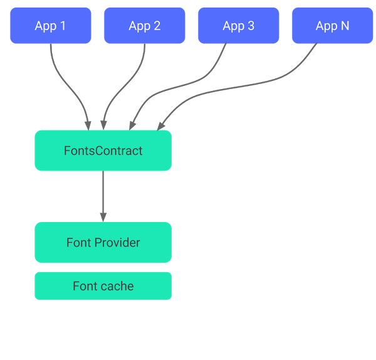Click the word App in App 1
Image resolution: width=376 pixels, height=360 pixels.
[45, 26]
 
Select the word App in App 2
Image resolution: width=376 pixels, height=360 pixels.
[139, 26]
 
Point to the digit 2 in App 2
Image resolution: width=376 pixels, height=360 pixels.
[157, 26]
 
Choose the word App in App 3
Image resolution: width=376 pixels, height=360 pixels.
[233, 26]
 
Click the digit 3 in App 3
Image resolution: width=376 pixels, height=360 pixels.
[251, 26]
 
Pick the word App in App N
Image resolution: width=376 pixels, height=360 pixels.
[326, 26]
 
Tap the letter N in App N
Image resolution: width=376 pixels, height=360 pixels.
[345, 26]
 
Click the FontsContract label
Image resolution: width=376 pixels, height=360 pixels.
[103, 151]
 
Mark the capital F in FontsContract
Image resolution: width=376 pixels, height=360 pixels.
[67, 151]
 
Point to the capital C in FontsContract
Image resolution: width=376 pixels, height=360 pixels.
[100, 151]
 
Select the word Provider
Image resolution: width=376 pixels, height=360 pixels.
[119, 243]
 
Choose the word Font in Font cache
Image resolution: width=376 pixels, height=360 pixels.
[85, 286]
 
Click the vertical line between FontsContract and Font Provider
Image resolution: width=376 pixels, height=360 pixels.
[103, 196]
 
